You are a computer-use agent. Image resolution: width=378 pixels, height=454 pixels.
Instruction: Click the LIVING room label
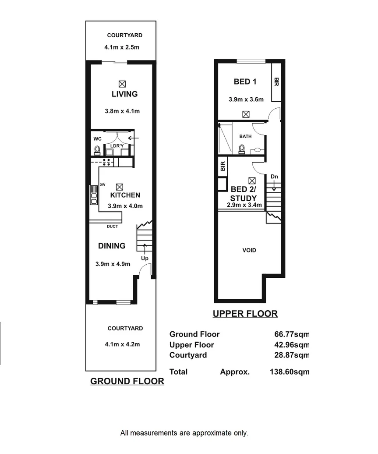[124, 94]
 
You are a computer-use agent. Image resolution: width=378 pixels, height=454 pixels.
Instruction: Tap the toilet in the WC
[97, 151]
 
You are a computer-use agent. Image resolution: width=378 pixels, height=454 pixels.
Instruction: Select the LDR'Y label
[117, 145]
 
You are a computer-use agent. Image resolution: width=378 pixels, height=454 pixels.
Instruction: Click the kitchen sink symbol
[93, 195]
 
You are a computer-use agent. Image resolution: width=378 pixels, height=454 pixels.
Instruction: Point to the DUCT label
[112, 227]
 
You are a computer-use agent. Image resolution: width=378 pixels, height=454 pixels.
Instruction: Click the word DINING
[112, 246]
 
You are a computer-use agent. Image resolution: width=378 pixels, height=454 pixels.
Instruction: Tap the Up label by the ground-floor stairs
[145, 259]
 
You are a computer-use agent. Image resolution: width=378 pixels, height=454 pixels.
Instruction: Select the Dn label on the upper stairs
[274, 177]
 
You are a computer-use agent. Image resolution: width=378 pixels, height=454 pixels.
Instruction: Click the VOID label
[249, 251]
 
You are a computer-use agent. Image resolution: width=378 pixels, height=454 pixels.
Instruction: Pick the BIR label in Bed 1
[276, 82]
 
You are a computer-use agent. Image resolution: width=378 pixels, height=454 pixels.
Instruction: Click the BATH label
[245, 136]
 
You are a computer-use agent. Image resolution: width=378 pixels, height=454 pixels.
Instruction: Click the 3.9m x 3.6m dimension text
[246, 99]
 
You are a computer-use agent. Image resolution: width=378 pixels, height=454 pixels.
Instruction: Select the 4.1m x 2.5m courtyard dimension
[122, 47]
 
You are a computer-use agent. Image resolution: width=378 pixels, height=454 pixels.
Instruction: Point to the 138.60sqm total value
[290, 372]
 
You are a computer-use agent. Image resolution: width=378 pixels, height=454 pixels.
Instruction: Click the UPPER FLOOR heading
[245, 314]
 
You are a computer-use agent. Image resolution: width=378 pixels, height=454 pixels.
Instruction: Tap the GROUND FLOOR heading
[127, 381]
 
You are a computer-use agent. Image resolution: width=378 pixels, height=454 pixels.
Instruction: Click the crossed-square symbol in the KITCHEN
[119, 186]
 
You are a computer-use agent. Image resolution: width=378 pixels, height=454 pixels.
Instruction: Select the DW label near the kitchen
[103, 184]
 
